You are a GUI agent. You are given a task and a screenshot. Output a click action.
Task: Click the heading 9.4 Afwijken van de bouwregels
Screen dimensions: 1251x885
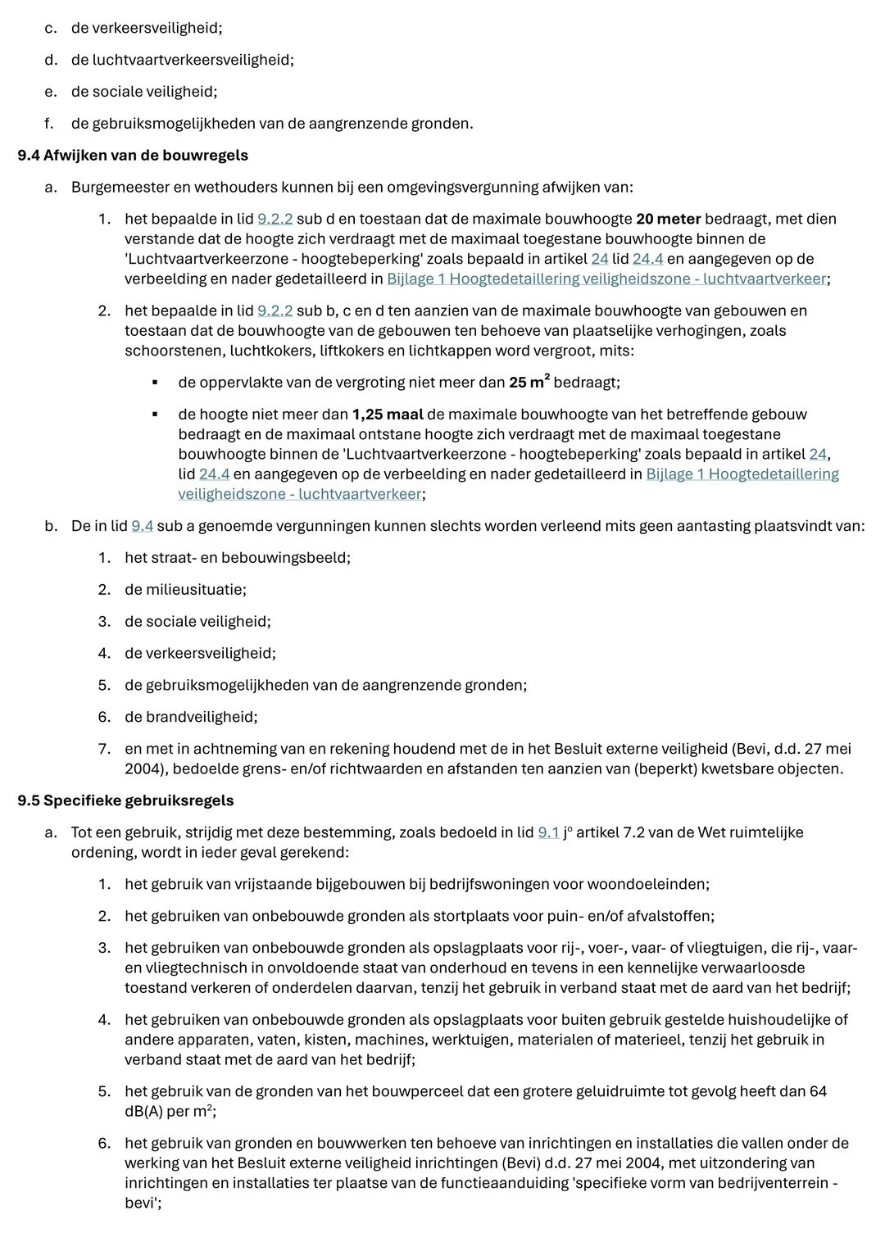[x=133, y=155]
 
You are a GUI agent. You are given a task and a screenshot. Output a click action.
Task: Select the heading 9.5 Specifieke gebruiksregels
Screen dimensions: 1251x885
[x=125, y=800]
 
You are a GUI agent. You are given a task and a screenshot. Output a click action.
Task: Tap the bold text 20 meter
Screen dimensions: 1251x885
[x=668, y=219]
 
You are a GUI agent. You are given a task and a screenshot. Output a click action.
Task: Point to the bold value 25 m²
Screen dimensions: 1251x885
[x=529, y=383]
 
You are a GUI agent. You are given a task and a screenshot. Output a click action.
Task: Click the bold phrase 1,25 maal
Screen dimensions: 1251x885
[x=388, y=415]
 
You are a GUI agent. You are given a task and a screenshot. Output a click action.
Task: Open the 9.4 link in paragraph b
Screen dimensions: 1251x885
[x=143, y=526]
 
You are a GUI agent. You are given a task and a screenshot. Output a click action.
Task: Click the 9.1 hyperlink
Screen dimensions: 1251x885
[x=548, y=832]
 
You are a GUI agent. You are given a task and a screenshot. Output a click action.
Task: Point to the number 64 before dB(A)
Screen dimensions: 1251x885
[x=818, y=1091]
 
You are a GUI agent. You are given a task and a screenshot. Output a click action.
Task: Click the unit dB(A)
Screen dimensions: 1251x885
[x=146, y=1112]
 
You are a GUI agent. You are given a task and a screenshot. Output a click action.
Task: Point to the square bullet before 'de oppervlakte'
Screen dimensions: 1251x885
[x=154, y=383]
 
